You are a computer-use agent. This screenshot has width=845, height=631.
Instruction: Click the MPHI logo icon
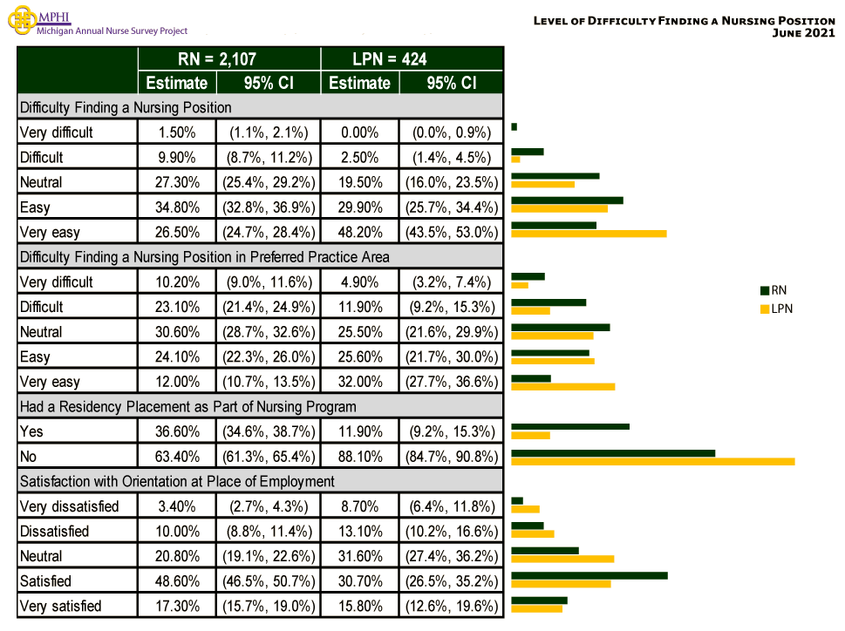[21, 22]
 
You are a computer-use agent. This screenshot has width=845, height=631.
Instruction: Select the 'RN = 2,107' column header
[228, 59]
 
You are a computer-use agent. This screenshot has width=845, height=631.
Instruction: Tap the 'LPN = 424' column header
[412, 59]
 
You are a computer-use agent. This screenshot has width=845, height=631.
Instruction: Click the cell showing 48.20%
[359, 233]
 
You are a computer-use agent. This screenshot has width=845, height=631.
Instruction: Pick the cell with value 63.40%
[176, 456]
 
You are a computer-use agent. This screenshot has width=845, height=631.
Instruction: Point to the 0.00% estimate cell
[359, 133]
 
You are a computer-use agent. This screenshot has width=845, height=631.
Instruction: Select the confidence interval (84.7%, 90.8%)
[450, 456]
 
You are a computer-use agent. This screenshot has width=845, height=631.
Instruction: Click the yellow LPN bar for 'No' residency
[652, 460]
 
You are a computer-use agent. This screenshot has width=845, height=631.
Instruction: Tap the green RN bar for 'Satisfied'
[589, 575]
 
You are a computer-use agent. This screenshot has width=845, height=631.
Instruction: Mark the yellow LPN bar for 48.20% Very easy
[589, 234]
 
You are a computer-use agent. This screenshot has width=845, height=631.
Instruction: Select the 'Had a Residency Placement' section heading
[187, 406]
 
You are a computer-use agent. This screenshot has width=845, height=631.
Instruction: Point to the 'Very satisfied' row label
[60, 606]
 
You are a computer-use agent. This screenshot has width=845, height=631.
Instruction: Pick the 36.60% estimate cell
[176, 431]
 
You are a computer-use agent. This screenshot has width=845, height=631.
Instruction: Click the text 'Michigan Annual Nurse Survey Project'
[112, 31]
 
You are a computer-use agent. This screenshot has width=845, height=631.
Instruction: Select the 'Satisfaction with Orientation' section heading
[177, 481]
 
